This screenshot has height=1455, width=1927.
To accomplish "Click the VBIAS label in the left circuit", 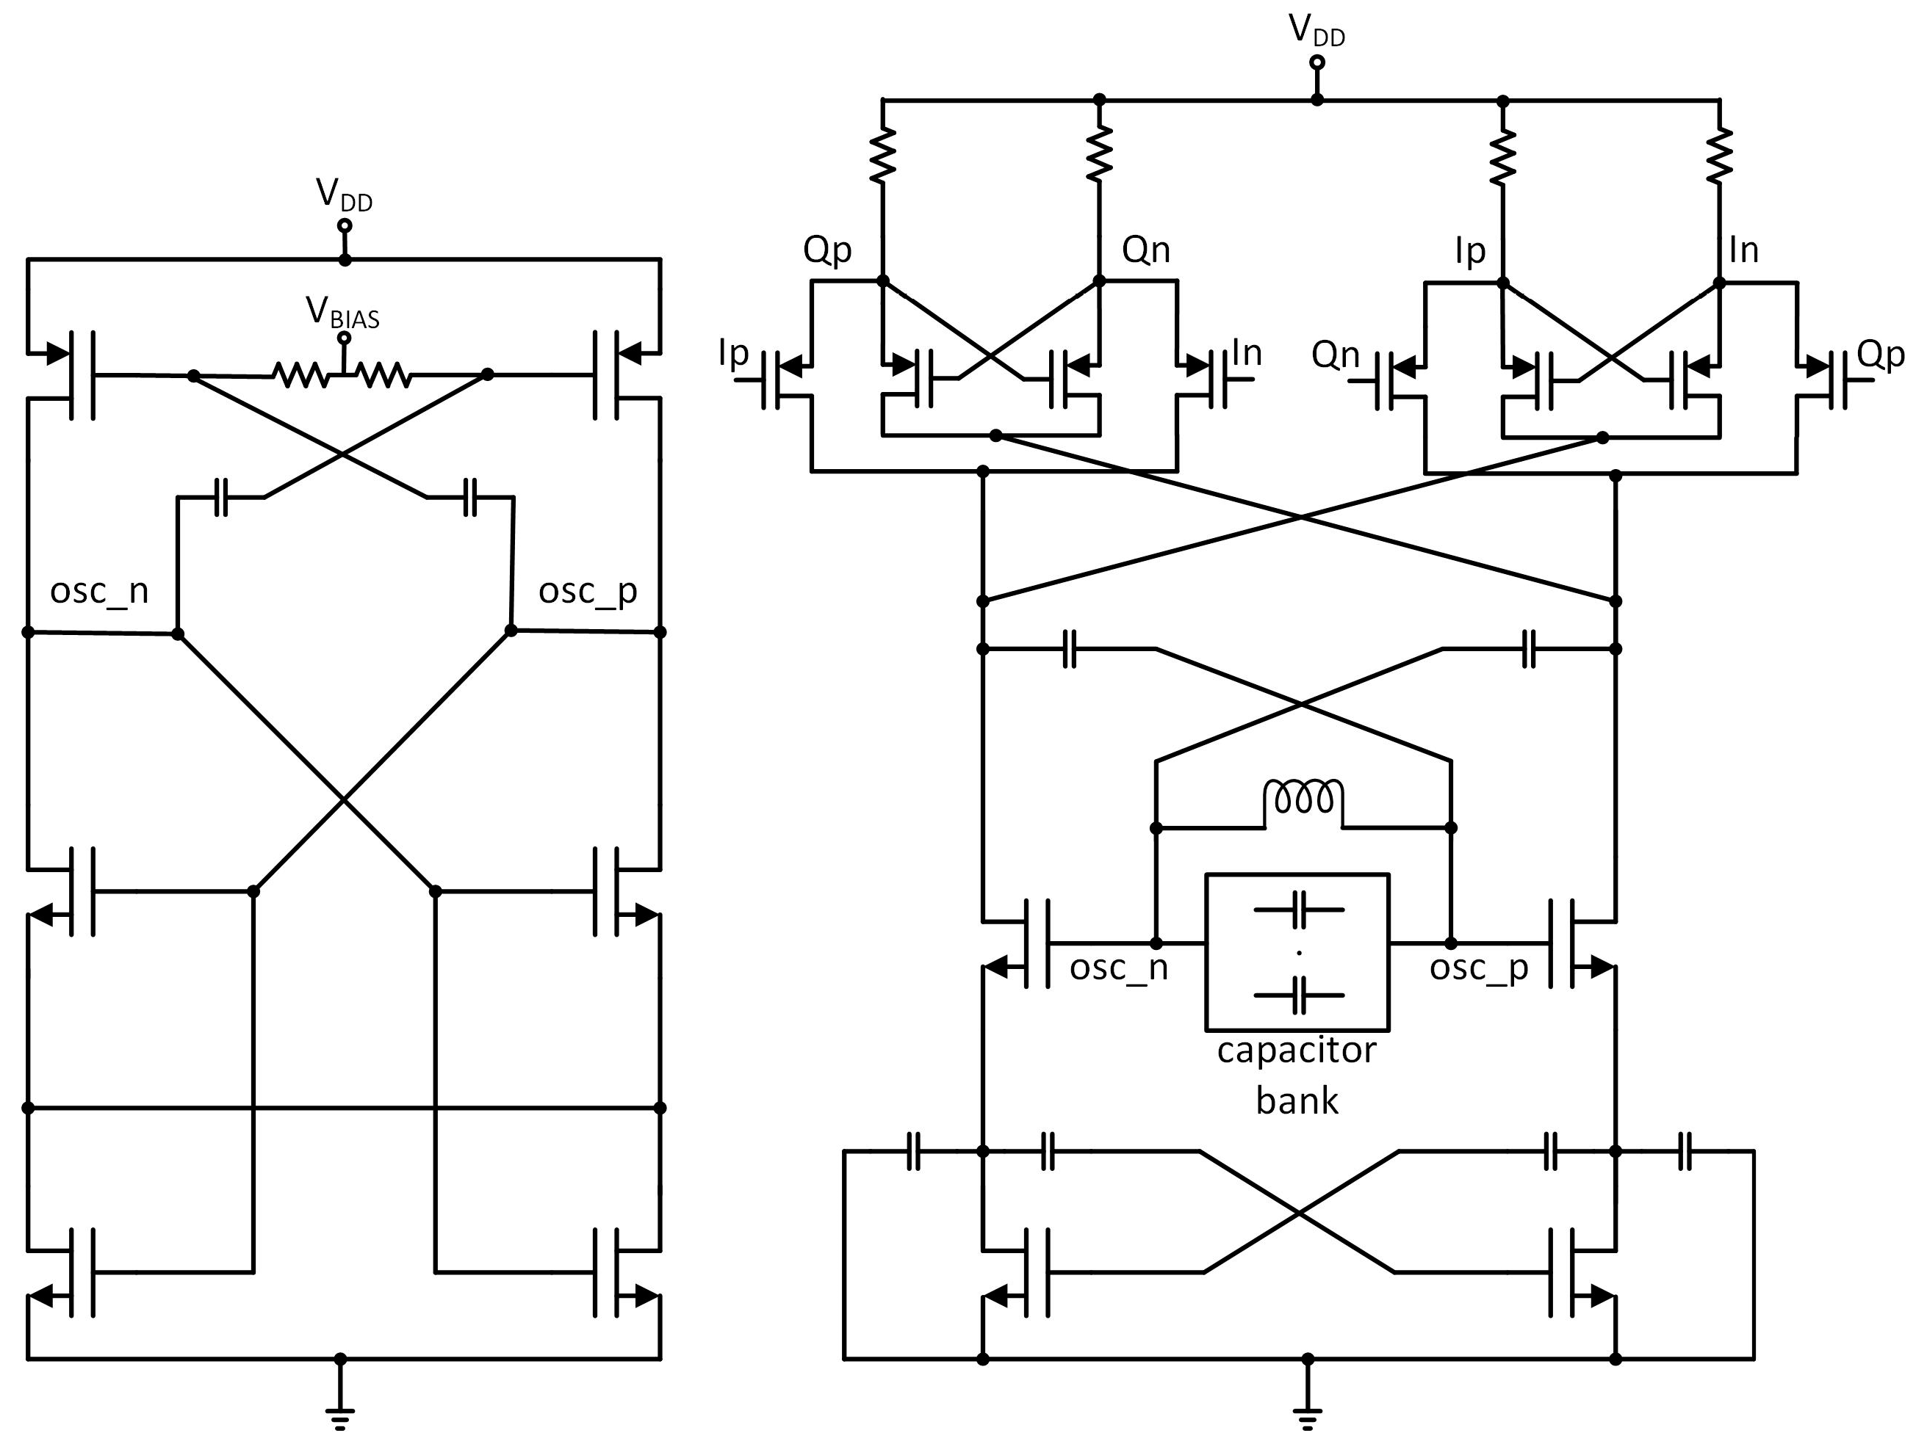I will (x=342, y=313).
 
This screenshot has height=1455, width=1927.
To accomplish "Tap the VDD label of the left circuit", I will (x=344, y=195).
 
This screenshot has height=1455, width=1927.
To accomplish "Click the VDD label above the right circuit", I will (x=1317, y=31).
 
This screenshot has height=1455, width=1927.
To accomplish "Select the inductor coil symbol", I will (x=1303, y=799).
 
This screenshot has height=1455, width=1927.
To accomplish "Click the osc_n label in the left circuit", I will (x=99, y=591).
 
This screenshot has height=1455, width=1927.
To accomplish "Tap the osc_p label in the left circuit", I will (x=588, y=591).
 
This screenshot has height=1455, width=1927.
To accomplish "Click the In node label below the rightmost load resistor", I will (x=1744, y=250).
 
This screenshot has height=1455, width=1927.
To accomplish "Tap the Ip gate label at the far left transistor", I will (x=733, y=352).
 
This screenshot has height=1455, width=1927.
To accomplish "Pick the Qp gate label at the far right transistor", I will (x=1881, y=355).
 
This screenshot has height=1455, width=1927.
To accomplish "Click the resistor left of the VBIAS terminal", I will (x=300, y=375).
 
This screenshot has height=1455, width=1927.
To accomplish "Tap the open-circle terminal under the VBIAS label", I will (x=344, y=338).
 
